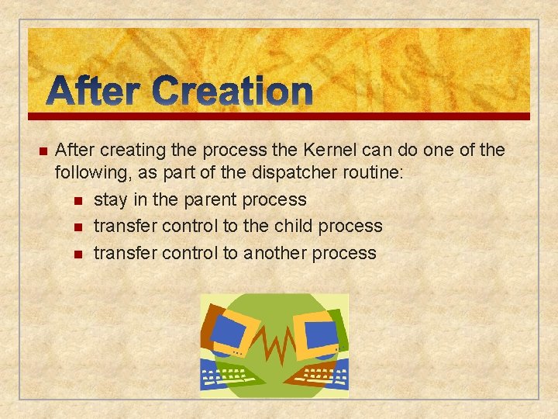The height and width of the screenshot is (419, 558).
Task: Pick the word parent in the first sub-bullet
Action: pyautogui.click(x=210, y=199)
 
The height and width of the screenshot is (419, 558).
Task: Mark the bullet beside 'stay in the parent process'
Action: pyautogui.click(x=78, y=200)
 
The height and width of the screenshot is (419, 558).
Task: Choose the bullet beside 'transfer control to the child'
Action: pyautogui.click(x=78, y=227)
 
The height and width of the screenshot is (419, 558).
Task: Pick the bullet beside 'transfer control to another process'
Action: pyautogui.click(x=78, y=254)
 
